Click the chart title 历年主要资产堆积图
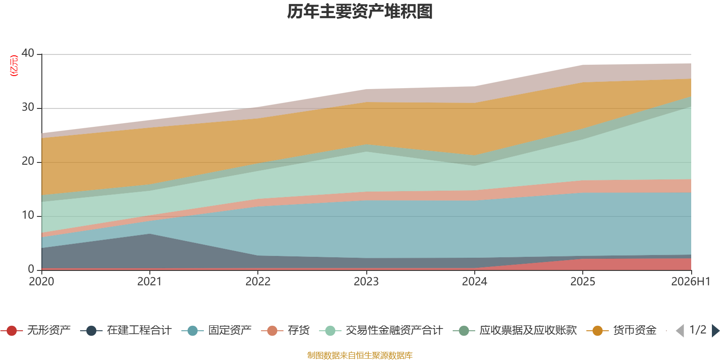360,12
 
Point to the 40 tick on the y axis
28,53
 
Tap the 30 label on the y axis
28,107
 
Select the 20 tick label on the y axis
28,161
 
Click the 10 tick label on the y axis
28,215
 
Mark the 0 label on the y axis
31,269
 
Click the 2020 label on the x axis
41,282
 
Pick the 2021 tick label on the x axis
149,282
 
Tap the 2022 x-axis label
258,282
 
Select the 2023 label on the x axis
366,282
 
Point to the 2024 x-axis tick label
474,282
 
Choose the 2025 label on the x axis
583,282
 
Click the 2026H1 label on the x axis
690,282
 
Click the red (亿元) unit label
14,66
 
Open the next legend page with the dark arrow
715,330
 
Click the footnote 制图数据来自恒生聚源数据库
360,355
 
